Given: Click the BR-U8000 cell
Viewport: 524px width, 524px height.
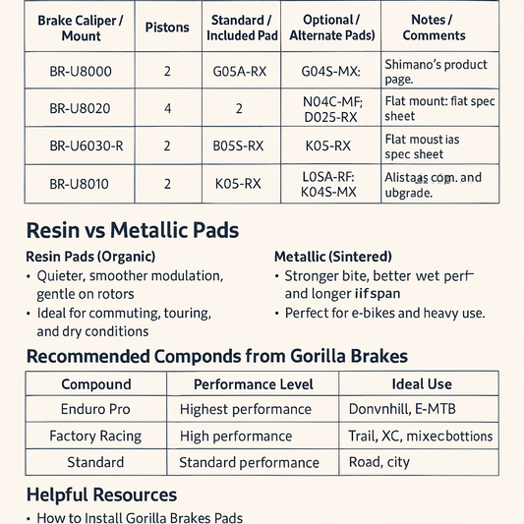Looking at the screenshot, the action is pos(80,71).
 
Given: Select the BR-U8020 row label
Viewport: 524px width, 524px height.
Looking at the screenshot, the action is pos(80,108).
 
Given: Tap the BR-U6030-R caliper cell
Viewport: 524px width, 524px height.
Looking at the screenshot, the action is pos(80,146).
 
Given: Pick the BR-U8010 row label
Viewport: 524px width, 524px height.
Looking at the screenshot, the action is pos(80,183).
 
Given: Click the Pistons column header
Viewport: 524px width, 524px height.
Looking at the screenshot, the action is pos(166,28).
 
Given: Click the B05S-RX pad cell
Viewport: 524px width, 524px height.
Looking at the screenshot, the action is pos(238,146).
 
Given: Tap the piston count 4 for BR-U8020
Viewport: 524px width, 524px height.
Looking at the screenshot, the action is pos(166,108).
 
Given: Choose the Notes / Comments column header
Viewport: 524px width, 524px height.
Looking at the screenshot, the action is pos(434,28).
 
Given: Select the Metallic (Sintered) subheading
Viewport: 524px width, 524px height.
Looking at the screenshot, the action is pos(332,256).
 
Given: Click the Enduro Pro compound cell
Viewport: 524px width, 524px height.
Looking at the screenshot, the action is pos(95,409).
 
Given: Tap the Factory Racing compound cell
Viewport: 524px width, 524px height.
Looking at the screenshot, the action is pos(95,436).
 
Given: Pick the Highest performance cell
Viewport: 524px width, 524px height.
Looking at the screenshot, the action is pos(245,409).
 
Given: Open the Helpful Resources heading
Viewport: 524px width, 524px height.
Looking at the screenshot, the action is pos(101,495).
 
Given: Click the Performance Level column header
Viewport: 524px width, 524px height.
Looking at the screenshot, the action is pos(253,384).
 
